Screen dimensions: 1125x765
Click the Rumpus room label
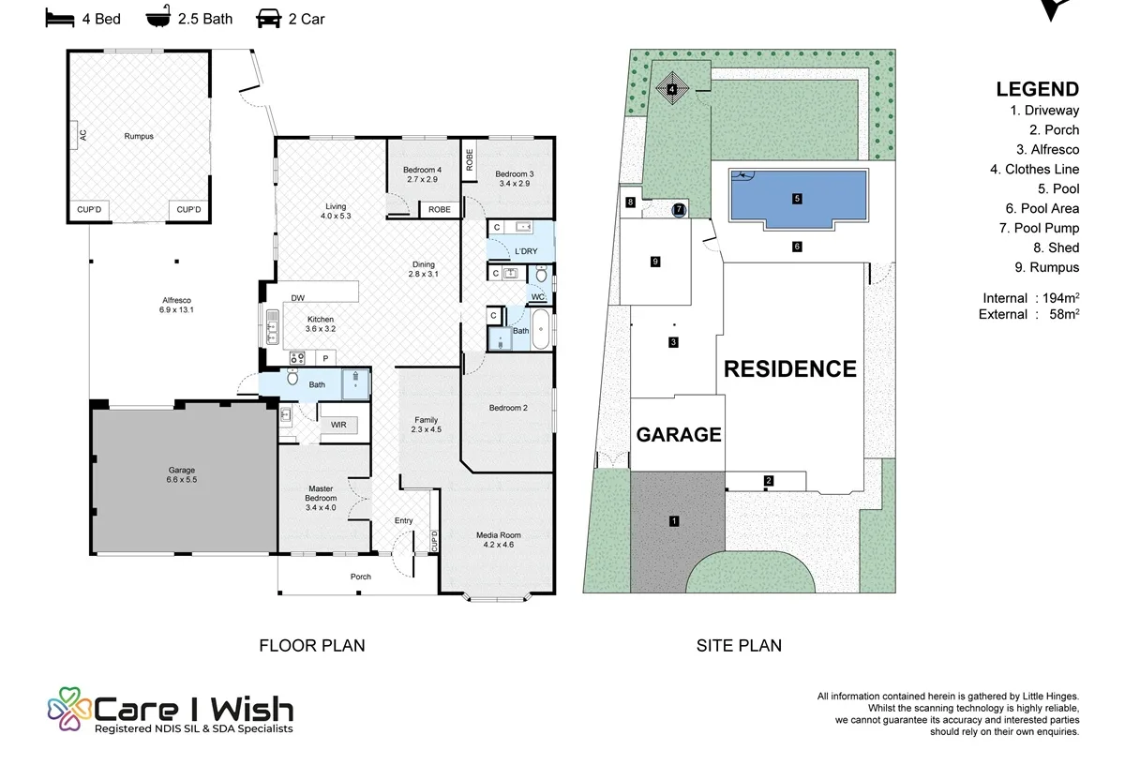click(x=139, y=136)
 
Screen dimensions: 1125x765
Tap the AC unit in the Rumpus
click(x=73, y=135)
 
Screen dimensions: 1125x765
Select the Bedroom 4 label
click(x=423, y=170)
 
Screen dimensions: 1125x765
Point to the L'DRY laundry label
click(x=526, y=251)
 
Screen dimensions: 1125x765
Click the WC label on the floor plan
click(x=538, y=297)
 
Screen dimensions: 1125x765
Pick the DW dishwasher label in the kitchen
click(x=298, y=298)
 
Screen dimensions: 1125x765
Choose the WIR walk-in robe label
click(x=338, y=425)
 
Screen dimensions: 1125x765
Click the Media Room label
click(x=498, y=535)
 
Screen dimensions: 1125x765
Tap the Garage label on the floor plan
click(x=181, y=470)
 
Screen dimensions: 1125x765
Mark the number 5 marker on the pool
click(x=797, y=199)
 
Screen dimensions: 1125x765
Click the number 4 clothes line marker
click(x=672, y=89)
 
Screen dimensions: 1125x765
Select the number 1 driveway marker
click(x=674, y=521)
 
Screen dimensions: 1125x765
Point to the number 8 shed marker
click(x=630, y=202)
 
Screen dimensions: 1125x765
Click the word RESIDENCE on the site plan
click(x=790, y=369)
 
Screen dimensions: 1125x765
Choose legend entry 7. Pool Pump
click(x=1039, y=228)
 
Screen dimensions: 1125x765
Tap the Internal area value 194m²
click(x=1060, y=298)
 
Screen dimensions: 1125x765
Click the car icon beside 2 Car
click(x=269, y=19)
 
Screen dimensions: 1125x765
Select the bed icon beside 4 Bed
click(x=60, y=19)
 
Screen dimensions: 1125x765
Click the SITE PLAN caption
click(x=739, y=645)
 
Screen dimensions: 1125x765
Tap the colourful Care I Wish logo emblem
click(x=69, y=709)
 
